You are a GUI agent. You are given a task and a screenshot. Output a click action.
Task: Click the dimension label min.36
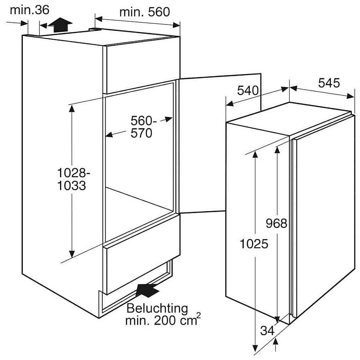(30, 10)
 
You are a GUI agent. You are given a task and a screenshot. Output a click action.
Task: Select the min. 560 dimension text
(145, 12)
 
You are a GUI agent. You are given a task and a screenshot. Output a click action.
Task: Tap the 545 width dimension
(329, 83)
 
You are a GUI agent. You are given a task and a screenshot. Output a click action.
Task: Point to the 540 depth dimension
(248, 90)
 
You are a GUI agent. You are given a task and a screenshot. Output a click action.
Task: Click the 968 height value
(276, 223)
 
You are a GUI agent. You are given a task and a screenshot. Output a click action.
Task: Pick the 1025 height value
(254, 244)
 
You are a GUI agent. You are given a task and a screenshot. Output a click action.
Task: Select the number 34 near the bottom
(268, 331)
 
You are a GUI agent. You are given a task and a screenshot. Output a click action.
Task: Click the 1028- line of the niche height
(73, 173)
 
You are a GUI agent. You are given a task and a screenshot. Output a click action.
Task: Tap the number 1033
(72, 186)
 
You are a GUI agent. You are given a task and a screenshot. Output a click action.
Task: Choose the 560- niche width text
(144, 120)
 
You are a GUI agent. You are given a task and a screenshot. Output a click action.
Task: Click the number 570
(142, 133)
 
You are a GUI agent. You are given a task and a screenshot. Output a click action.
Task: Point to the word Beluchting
(157, 308)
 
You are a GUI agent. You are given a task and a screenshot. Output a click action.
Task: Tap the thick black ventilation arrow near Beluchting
(147, 290)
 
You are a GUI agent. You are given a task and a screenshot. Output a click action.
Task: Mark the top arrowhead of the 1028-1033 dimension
(72, 108)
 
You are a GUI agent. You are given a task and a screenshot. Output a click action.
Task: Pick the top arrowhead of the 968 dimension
(277, 150)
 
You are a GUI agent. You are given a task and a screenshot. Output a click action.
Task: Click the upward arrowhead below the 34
(276, 342)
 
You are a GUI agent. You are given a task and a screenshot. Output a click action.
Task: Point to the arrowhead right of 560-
(168, 119)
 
